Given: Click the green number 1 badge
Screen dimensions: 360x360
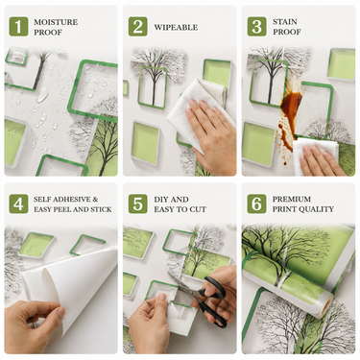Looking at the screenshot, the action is click(18, 27).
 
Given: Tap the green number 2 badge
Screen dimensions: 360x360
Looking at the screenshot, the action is click(138, 27).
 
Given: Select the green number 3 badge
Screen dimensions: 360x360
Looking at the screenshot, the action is click(256, 27).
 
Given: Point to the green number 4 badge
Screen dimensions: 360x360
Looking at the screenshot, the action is click(18, 204).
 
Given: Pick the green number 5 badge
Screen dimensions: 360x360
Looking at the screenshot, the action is click(138, 204).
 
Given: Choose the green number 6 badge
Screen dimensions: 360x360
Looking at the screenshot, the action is click(256, 204).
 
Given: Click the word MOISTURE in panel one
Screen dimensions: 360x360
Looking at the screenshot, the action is click(56, 22).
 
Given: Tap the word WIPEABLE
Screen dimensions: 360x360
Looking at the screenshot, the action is click(176, 27).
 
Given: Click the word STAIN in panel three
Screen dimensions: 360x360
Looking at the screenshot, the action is click(285, 22).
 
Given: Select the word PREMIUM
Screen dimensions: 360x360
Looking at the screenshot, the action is click(292, 199).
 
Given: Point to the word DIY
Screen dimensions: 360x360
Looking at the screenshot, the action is click(161, 200).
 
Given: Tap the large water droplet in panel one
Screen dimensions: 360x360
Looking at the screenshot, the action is click(42, 95).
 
